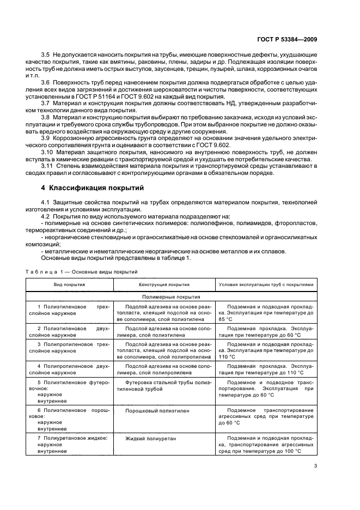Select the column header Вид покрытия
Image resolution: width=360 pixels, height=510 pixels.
[69, 284]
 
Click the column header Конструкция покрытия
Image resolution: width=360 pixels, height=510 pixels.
[164, 284]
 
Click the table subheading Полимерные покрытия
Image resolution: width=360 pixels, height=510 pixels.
[171, 297]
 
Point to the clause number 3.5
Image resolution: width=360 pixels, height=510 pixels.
[46, 56]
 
